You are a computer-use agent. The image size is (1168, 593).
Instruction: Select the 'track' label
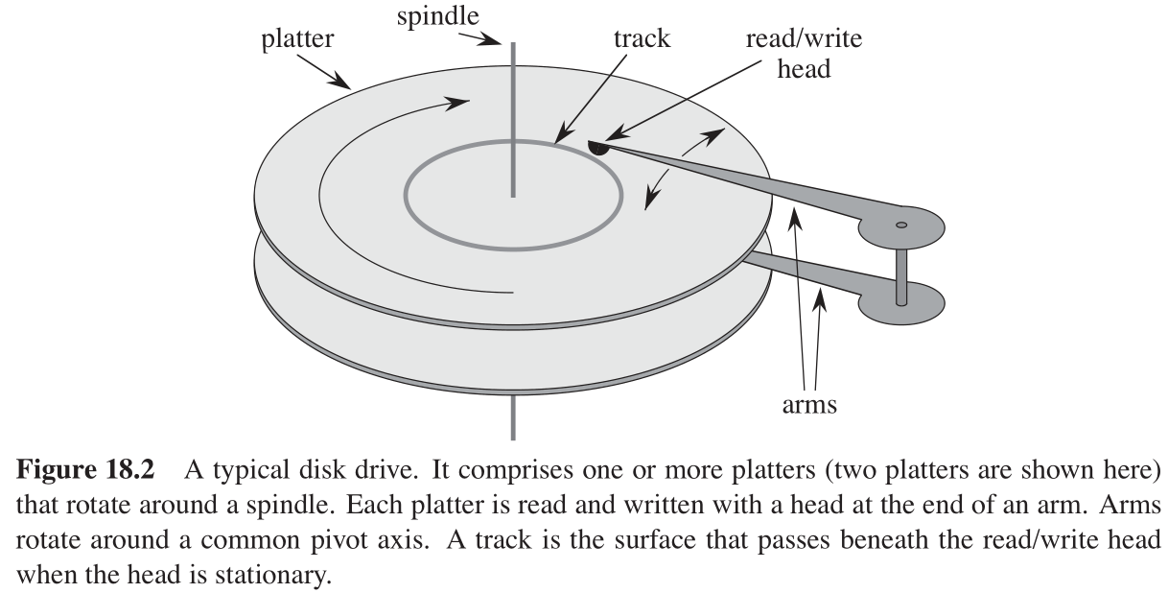pyautogui.click(x=642, y=40)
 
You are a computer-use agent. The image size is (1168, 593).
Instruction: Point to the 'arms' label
pyautogui.click(x=808, y=405)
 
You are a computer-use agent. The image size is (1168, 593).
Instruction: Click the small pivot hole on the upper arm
pyautogui.click(x=900, y=225)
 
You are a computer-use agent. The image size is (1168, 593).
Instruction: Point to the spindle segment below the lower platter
pyautogui.click(x=514, y=417)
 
